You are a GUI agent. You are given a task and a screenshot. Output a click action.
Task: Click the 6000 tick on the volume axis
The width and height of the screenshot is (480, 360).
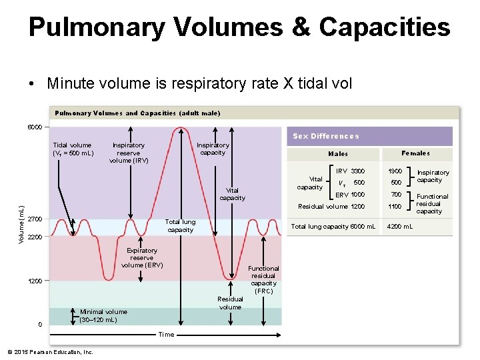coord(35,127)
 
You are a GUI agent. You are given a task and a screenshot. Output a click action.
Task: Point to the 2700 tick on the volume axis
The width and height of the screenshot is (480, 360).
coord(35,219)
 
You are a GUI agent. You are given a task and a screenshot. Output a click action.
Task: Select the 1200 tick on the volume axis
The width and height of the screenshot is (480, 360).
coord(35,281)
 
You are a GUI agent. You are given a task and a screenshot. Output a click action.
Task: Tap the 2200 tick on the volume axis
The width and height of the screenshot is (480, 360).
coord(35,237)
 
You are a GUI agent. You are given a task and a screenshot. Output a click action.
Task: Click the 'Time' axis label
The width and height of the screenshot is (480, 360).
coord(166,335)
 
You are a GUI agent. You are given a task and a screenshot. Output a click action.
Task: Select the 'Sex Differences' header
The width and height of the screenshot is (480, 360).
coord(326,136)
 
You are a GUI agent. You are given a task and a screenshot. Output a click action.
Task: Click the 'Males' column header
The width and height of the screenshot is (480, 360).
coord(338,154)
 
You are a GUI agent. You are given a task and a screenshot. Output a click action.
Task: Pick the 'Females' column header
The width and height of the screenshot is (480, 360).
coord(415,153)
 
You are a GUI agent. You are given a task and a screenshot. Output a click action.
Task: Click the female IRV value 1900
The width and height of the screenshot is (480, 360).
coord(396,171)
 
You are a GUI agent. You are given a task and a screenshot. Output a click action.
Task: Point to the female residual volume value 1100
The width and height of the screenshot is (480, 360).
coord(396,207)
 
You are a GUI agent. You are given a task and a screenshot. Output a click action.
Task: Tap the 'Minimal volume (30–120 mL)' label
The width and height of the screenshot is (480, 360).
coord(103,315)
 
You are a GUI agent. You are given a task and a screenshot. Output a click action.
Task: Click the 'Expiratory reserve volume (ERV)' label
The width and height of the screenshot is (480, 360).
coord(142,258)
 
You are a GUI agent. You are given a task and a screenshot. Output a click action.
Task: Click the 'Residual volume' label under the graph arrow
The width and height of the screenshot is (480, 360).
coord(230,303)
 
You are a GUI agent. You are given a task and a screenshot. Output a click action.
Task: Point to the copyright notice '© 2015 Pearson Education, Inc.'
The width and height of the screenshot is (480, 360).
coord(50,351)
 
